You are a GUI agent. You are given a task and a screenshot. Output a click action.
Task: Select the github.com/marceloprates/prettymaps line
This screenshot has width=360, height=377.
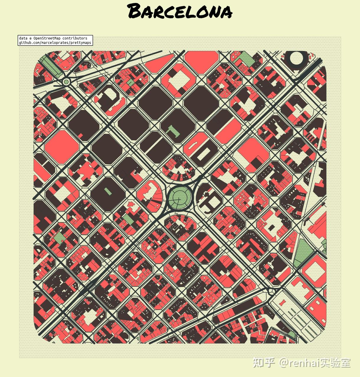(x=55, y=43)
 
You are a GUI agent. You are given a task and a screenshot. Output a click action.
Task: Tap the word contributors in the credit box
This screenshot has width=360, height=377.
(x=75, y=38)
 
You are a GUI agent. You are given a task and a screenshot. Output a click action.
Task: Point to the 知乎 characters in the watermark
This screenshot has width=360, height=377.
(x=264, y=363)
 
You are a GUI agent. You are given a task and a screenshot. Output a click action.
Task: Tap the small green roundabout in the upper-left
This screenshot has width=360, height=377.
(x=66, y=82)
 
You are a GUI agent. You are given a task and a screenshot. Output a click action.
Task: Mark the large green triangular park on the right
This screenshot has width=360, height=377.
(x=303, y=251)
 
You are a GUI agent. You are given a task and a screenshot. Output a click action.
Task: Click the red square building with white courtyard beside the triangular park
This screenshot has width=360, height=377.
(x=314, y=270)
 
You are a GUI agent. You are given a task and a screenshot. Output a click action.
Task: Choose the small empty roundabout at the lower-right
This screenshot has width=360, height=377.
(x=271, y=292)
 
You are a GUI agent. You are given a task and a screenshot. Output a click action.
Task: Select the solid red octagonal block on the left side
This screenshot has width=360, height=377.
(x=62, y=147)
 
